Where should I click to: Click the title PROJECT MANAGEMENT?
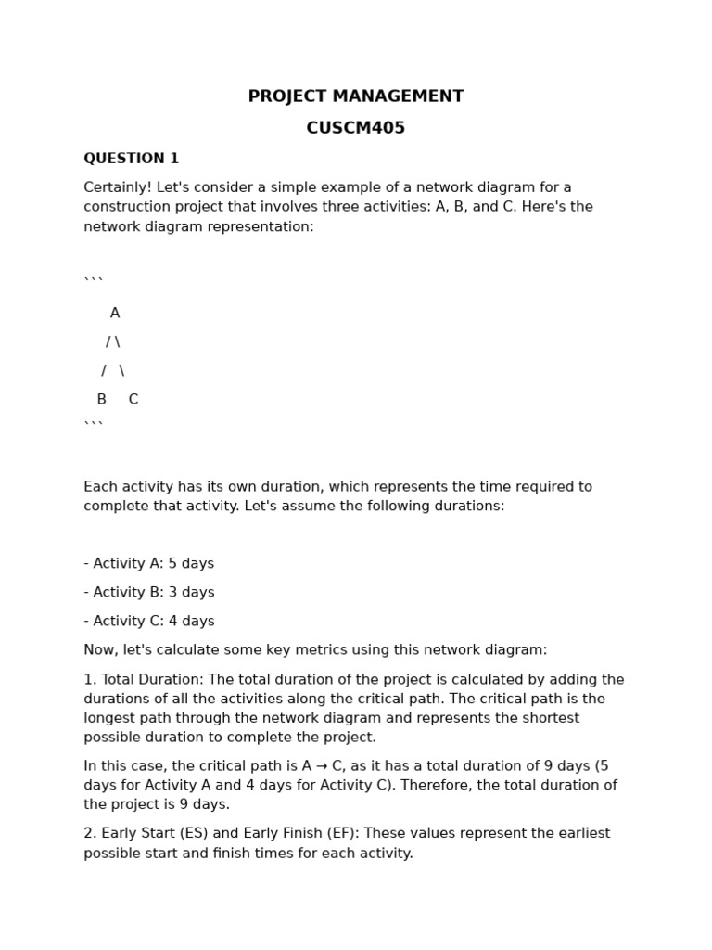pyautogui.click(x=355, y=96)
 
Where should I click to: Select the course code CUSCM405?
pyautogui.click(x=355, y=128)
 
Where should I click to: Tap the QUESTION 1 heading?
pyautogui.click(x=131, y=159)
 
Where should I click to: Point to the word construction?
pyautogui.click(x=130, y=207)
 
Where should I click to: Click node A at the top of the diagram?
pyautogui.click(x=115, y=314)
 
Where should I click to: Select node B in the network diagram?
pyautogui.click(x=102, y=400)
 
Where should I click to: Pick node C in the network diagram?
pyautogui.click(x=133, y=400)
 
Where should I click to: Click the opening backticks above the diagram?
pyautogui.click(x=94, y=280)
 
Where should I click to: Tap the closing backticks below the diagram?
pyautogui.click(x=94, y=424)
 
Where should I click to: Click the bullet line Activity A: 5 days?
pyautogui.click(x=149, y=564)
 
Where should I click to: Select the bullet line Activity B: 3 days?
pyautogui.click(x=149, y=593)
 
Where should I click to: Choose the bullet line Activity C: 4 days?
pyautogui.click(x=149, y=622)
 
